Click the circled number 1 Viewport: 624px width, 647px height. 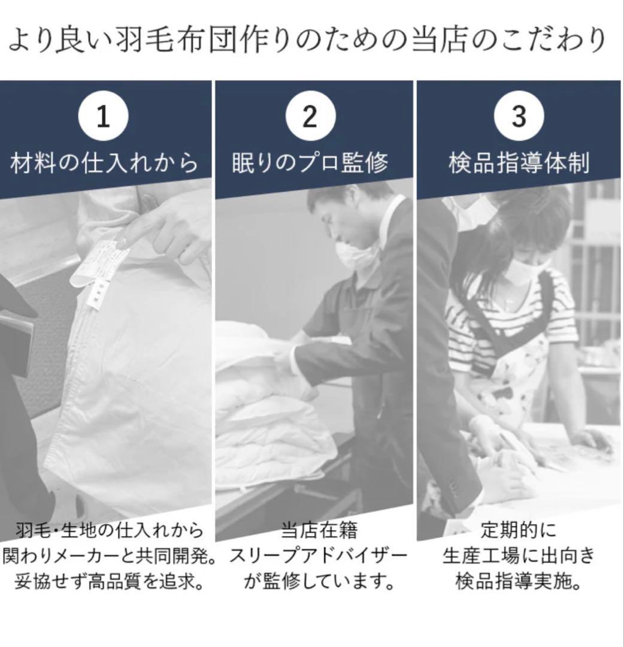(x=103, y=116)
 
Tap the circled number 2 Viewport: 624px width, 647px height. (x=310, y=116)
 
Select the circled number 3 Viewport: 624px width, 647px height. (x=519, y=116)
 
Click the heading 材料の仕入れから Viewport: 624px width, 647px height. (x=104, y=163)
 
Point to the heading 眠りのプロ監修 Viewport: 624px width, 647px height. (x=310, y=163)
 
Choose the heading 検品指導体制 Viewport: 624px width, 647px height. (x=519, y=163)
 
